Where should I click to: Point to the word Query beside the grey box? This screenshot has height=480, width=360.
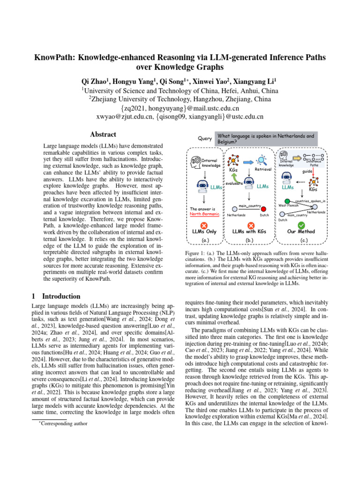[205, 138]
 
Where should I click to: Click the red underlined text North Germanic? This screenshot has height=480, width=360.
[204, 214]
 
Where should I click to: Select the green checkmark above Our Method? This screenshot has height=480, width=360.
[301, 225]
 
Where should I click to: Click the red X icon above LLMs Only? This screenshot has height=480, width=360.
[204, 226]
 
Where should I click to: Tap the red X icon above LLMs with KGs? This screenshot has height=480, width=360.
[251, 226]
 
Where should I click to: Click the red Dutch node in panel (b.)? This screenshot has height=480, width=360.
[264, 209]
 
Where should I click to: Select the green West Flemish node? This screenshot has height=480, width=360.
[287, 201]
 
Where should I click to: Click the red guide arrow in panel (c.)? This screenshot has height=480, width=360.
[313, 174]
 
